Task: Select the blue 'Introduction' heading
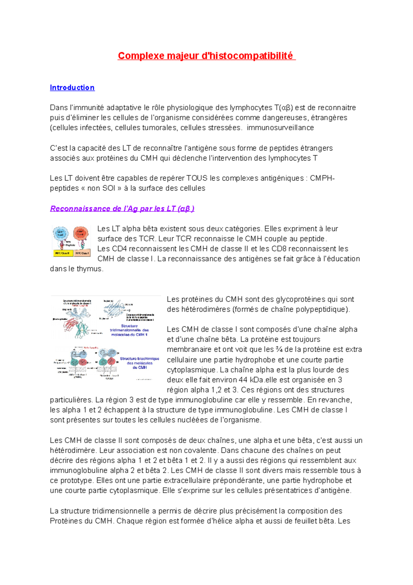pos(72,88)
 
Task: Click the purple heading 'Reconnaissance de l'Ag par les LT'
pos(122,208)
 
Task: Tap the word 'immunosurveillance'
pos(280,128)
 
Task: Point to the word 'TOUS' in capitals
pos(197,178)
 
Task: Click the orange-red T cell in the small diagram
pos(81,233)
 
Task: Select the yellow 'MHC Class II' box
pos(62,253)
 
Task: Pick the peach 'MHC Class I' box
pos(83,253)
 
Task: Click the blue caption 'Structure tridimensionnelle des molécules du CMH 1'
pos(129,330)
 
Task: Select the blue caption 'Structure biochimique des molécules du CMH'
pos(139,363)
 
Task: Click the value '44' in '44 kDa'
pos(243,380)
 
